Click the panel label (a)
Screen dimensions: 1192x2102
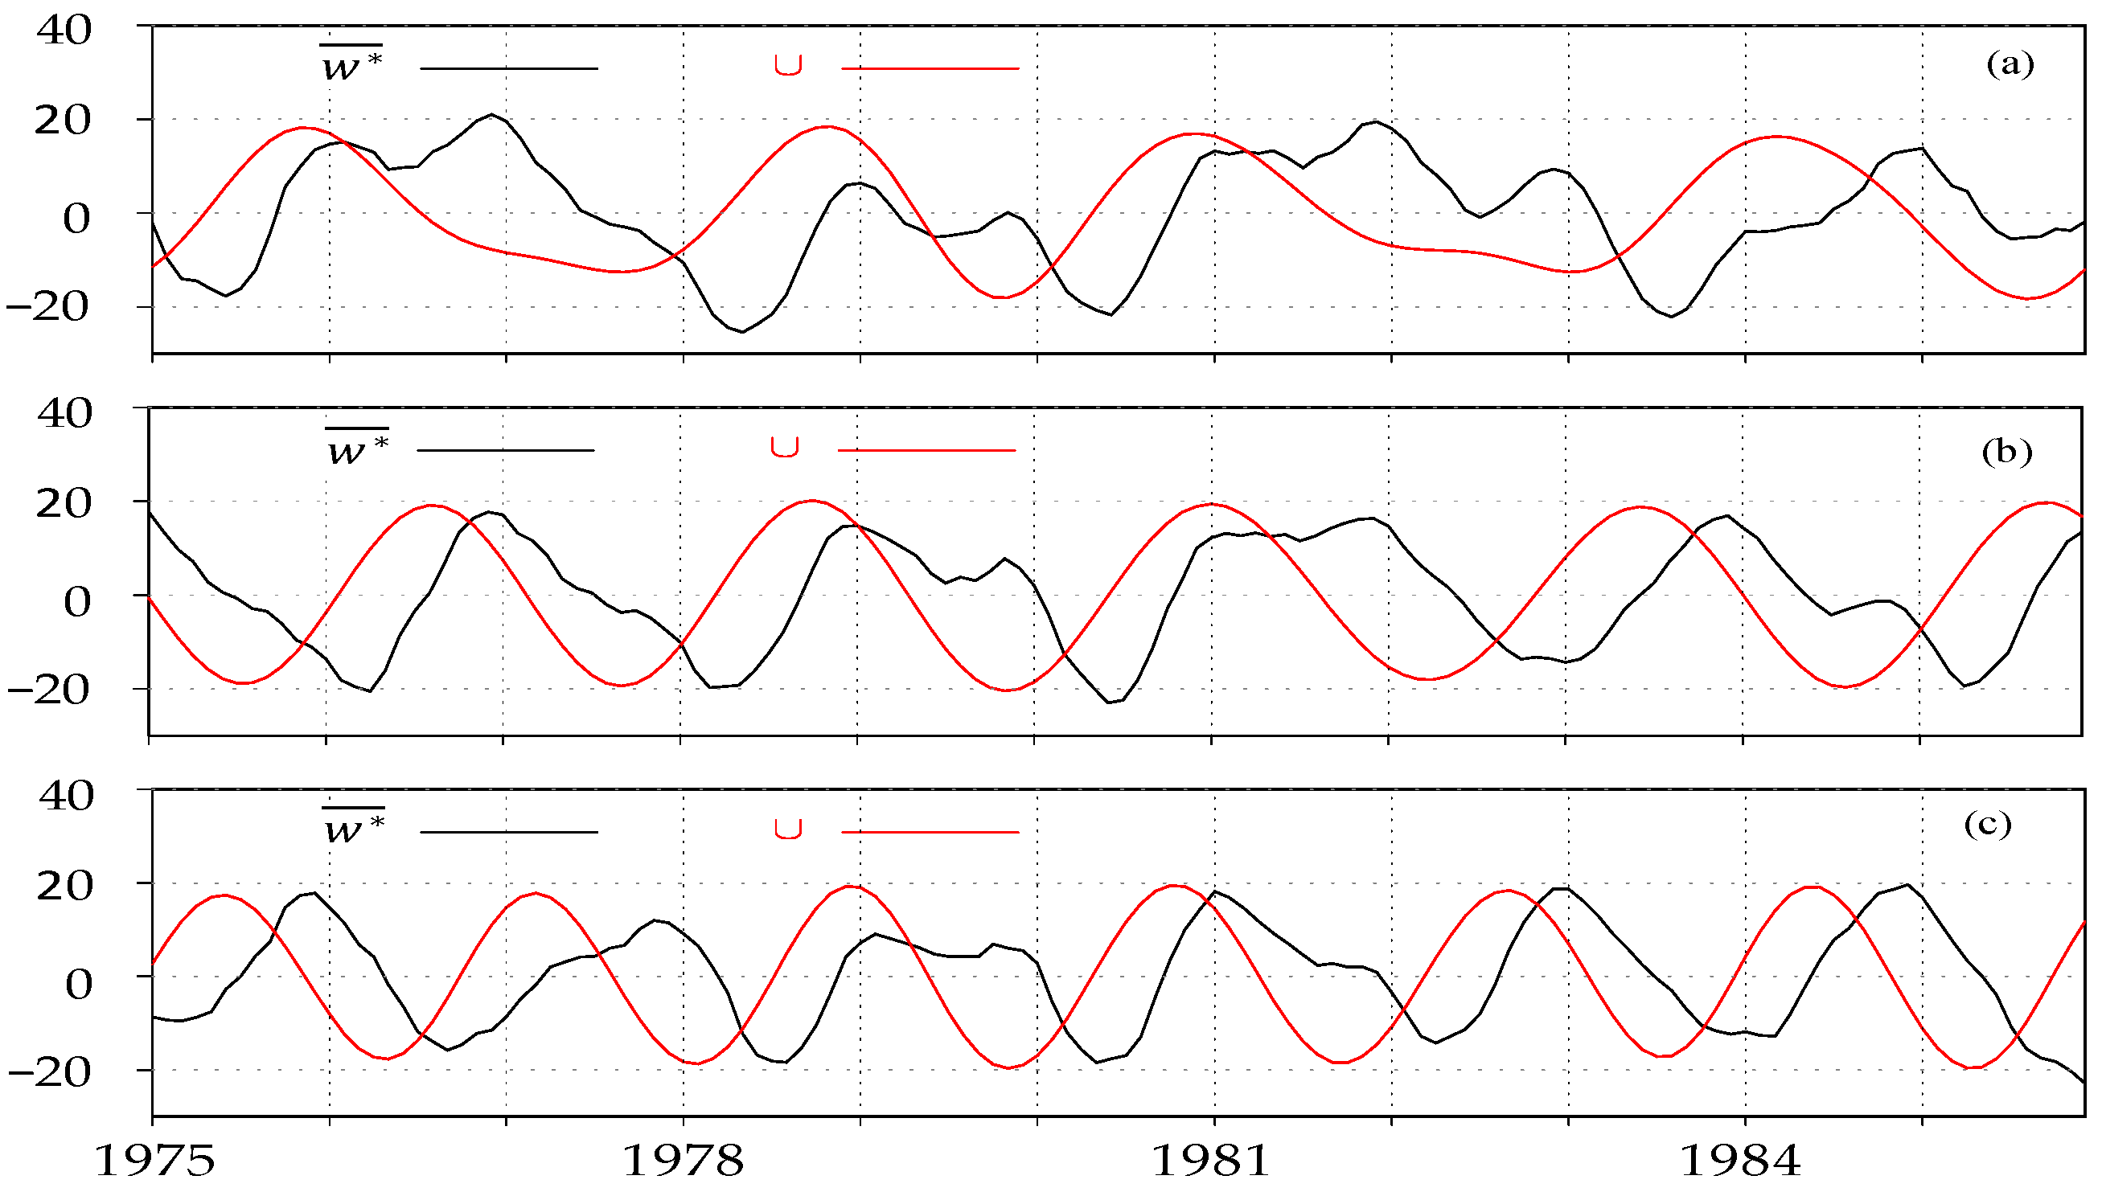(x=2010, y=63)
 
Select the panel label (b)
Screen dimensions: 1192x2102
(x=2006, y=452)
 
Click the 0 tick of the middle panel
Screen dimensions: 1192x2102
(x=78, y=602)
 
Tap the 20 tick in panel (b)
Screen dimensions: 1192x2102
(x=64, y=503)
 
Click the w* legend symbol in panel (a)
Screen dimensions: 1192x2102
(x=351, y=63)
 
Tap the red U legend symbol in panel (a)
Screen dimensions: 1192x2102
(x=788, y=65)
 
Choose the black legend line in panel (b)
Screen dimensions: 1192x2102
(x=505, y=450)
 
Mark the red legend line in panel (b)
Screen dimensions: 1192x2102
(x=926, y=450)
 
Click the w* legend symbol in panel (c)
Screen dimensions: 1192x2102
(x=354, y=828)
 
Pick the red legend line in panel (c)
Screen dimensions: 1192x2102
(x=930, y=832)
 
